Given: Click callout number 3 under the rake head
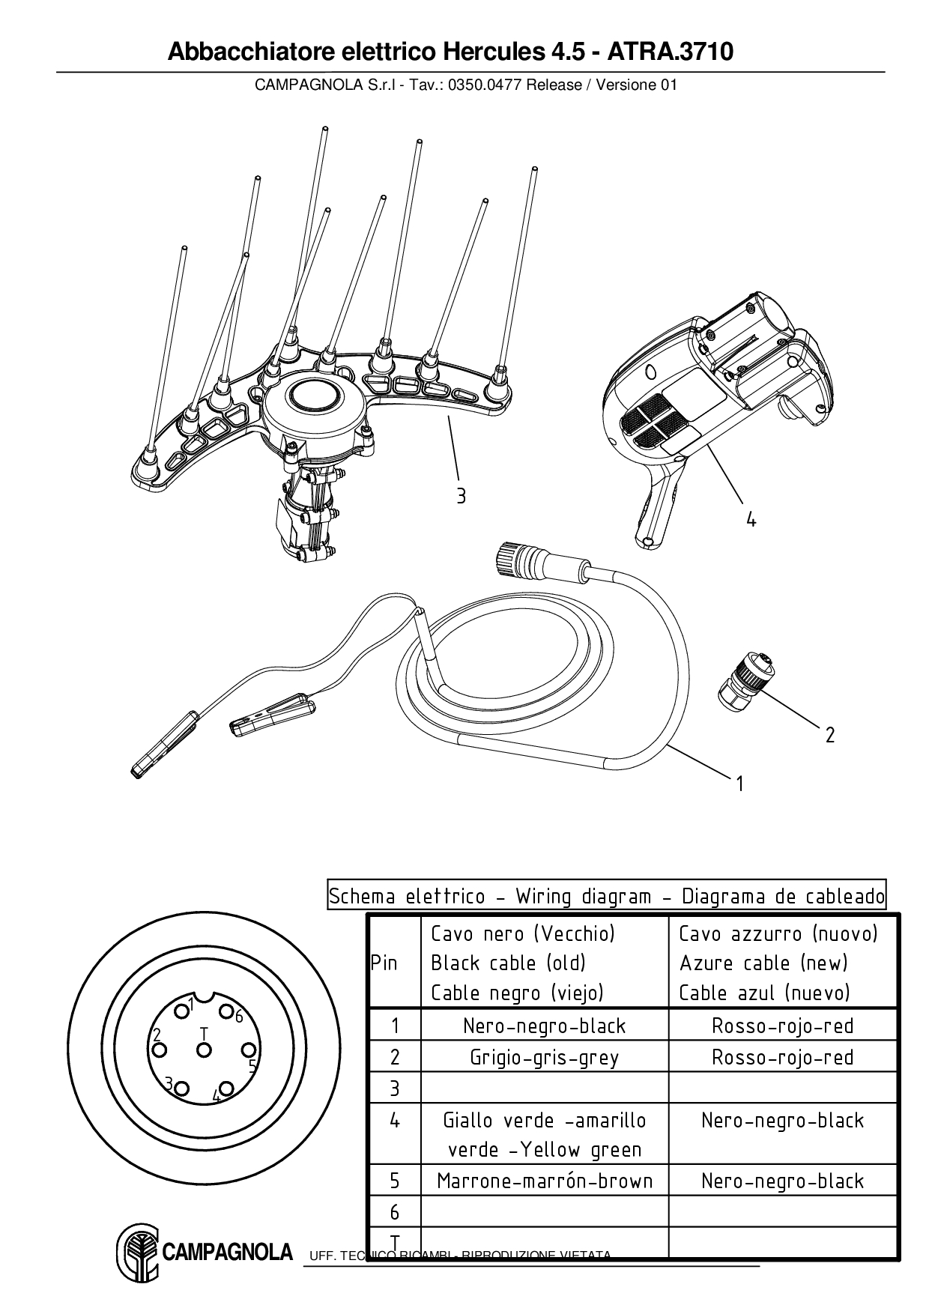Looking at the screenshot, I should click(x=461, y=495).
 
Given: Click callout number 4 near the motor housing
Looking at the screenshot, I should click(x=751, y=518).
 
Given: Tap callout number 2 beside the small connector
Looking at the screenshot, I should click(x=829, y=735).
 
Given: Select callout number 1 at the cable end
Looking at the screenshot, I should click(x=739, y=784).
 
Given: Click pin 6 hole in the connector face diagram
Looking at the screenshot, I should click(x=226, y=1012).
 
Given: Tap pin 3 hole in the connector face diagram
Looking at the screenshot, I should click(x=182, y=1089).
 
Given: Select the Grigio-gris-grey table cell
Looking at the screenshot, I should click(x=545, y=1057).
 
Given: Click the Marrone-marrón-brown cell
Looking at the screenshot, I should click(x=545, y=1181).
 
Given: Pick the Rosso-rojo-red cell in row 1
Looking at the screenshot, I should click(x=782, y=1026).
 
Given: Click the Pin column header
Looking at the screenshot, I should click(x=384, y=963).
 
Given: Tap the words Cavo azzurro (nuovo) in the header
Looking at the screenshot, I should click(x=778, y=933).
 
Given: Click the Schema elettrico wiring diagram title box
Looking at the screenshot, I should click(x=606, y=896).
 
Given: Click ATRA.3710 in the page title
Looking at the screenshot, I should click(x=670, y=52).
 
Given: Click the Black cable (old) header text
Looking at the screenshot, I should click(x=508, y=963).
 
